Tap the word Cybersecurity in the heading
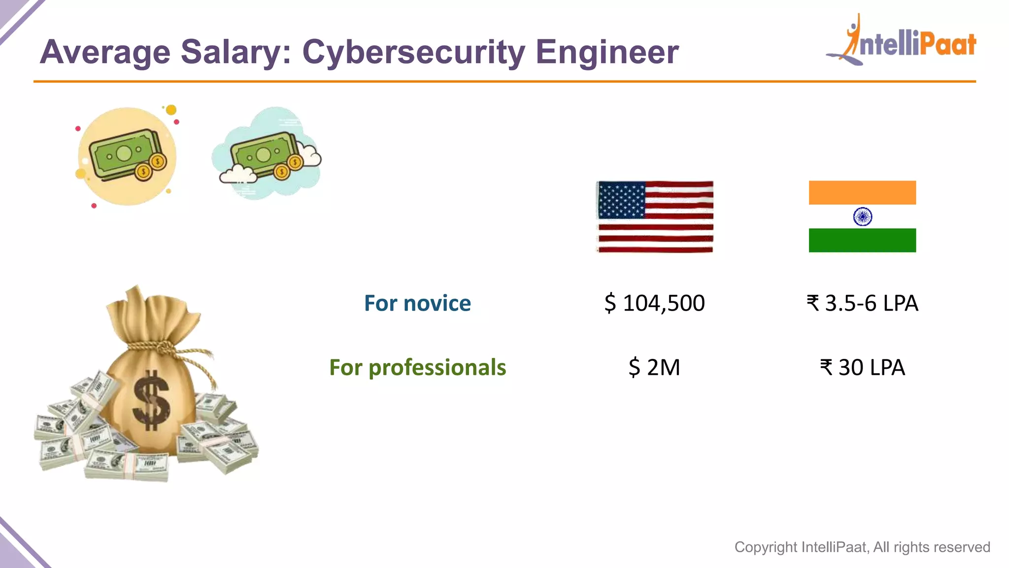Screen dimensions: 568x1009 [x=413, y=52]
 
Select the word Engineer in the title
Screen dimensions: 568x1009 [x=607, y=52]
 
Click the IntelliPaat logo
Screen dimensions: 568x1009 [x=902, y=42]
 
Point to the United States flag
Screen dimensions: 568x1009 [x=655, y=217]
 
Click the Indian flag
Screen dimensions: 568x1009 [x=862, y=216]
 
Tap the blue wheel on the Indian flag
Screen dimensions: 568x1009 [x=863, y=216]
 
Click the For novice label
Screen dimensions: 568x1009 [x=417, y=303]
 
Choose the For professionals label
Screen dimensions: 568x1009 [x=417, y=368]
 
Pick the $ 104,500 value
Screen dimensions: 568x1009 [x=655, y=303]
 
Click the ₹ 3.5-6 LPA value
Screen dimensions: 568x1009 [x=862, y=303]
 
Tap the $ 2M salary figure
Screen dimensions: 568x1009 [x=655, y=368]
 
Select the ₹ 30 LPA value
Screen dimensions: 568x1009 [x=862, y=368]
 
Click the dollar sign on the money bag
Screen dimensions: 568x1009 [x=151, y=400]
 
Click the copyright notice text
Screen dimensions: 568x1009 [x=862, y=547]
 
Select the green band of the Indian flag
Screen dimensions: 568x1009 [x=862, y=241]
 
